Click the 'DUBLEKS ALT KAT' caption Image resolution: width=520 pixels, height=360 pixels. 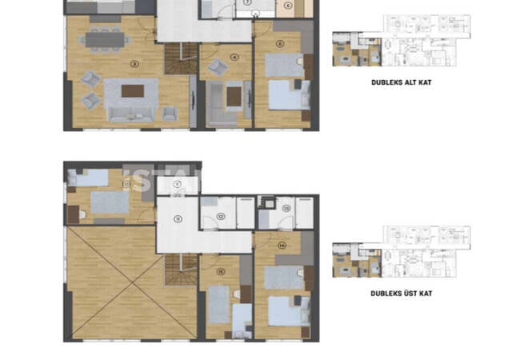click(401, 82)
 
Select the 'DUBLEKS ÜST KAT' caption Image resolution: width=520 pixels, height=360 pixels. click(401, 294)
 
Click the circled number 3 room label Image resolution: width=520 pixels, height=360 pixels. click(135, 63)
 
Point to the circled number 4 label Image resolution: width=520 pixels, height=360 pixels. click(234, 57)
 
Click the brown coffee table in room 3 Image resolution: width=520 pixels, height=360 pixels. click(134, 90)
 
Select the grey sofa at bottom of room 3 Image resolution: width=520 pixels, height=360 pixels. click(132, 112)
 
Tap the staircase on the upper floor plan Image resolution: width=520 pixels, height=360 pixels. click(181, 270)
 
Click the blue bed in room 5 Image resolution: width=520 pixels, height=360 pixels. click(286, 95)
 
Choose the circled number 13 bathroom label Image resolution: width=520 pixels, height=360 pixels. click(286, 209)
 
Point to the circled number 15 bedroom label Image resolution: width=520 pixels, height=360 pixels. click(221, 270)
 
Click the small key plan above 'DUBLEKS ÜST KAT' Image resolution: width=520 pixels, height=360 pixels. click(401, 252)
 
